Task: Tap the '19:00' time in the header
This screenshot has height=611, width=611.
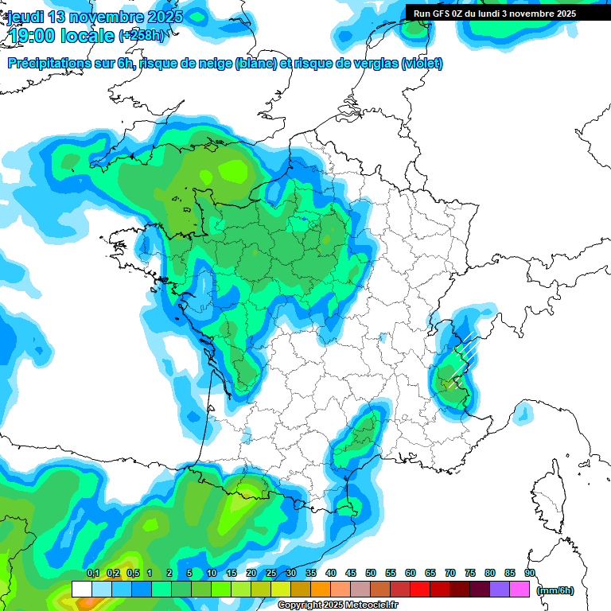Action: tap(32, 35)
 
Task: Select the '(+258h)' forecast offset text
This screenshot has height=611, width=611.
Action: tap(142, 35)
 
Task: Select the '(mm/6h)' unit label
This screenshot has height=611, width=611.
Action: tap(555, 590)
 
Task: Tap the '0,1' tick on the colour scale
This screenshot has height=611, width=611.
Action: tap(93, 574)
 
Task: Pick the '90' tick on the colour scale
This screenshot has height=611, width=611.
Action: tap(530, 574)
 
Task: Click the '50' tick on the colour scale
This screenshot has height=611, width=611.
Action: tap(371, 574)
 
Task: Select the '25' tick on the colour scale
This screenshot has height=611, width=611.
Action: tap(271, 574)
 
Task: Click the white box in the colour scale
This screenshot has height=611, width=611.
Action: tap(81, 590)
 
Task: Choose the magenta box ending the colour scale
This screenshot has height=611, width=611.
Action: tap(520, 590)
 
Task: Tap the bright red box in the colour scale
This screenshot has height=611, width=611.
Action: tap(420, 590)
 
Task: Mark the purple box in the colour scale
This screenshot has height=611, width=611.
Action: tap(500, 590)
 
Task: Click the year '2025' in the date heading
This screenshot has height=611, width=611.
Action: tap(162, 17)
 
